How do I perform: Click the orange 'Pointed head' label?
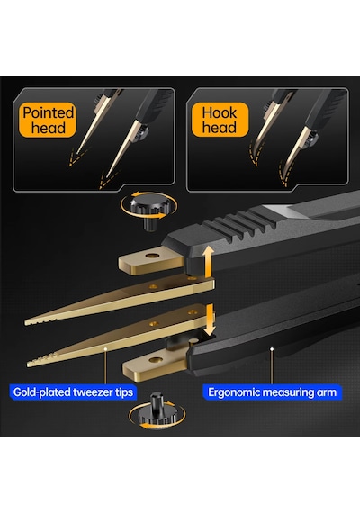coord(48,120)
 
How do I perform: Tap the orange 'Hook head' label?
coord(220,120)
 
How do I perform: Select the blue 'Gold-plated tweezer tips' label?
coord(73,391)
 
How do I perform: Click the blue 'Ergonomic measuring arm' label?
coord(273,391)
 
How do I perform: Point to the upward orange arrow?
coord(208,261)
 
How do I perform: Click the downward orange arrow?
coord(210,319)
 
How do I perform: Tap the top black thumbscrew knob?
coord(149,211)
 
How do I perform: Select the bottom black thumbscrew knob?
coord(157,409)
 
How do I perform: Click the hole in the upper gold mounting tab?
coord(151,256)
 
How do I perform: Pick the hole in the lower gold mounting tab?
coord(156,360)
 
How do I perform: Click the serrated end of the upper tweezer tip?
coord(40,320)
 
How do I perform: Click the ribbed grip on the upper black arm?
coord(238,225)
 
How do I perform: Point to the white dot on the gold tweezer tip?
coord(105,349)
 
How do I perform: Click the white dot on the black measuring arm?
coord(271,349)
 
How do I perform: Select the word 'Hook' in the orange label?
coord(220,112)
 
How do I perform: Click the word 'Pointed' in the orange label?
coord(49,112)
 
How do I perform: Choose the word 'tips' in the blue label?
coord(123,392)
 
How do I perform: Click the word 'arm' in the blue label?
coord(327,392)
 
